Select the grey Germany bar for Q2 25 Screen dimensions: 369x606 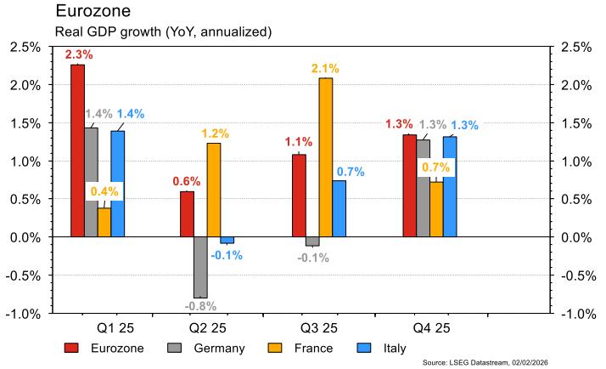tap(200, 267)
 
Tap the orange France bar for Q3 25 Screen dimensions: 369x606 tap(326, 157)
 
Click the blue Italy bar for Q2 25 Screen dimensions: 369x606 tap(227, 241)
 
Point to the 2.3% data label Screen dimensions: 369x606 tap(79, 54)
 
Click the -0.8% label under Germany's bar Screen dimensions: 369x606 tap(201, 306)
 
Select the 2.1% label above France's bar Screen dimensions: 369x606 tap(327, 68)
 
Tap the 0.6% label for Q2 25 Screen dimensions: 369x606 tap(186, 181)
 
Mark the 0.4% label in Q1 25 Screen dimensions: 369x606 tap(104, 192)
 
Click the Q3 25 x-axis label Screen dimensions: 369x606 tap(319, 326)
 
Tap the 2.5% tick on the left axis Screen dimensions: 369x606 tap(25, 47)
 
